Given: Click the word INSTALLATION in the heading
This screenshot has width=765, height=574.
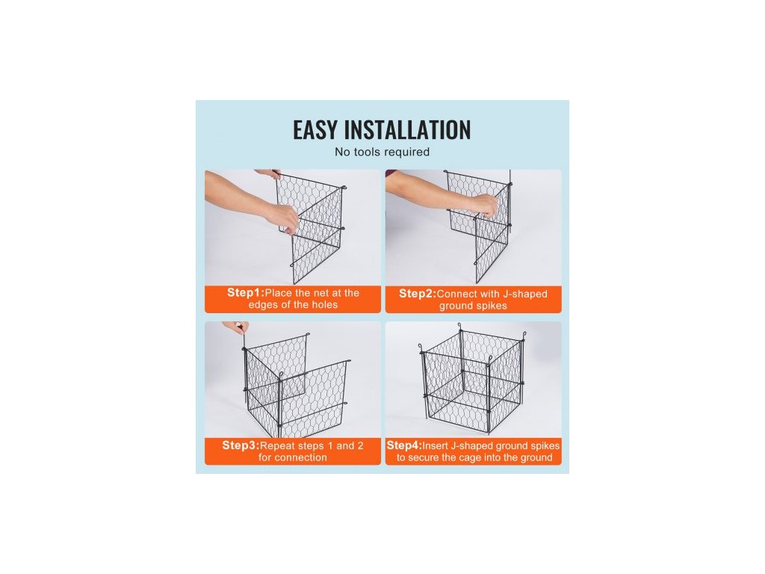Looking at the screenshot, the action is click(x=407, y=130).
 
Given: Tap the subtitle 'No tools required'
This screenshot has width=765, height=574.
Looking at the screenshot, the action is click(x=382, y=152).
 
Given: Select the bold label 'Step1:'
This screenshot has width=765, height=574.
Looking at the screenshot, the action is click(x=245, y=293).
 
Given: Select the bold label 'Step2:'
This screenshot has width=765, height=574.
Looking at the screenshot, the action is click(x=418, y=294).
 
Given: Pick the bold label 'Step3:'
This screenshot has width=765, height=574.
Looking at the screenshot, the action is click(x=241, y=445).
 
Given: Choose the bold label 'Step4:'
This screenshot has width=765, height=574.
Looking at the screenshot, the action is click(x=404, y=445).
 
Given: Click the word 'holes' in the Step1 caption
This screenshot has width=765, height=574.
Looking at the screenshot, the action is click(x=324, y=305).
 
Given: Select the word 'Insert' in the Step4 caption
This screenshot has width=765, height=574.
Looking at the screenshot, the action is click(x=436, y=446).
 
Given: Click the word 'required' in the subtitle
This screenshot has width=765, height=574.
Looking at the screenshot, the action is click(x=408, y=152).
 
